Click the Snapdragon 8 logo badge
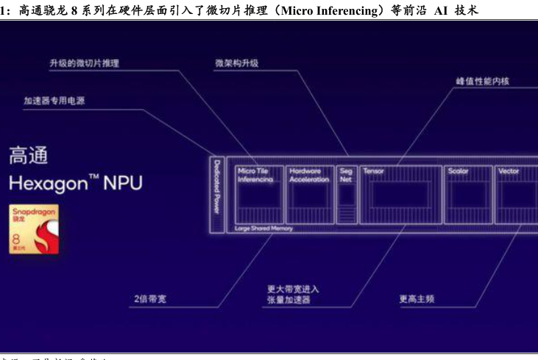pyautogui.click(x=33, y=229)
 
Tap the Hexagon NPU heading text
pyautogui.click(x=75, y=183)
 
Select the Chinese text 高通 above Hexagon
pyautogui.click(x=28, y=155)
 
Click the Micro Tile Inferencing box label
pyautogui.click(x=255, y=174)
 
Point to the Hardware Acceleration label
pyautogui.click(x=309, y=174)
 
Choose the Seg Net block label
pyautogui.click(x=346, y=174)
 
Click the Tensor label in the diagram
pyautogui.click(x=374, y=171)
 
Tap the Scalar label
pyautogui.click(x=458, y=171)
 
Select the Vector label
pyautogui.click(x=509, y=171)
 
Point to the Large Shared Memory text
pyautogui.click(x=263, y=228)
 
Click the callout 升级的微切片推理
pyautogui.click(x=84, y=63)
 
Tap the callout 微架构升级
pyautogui.click(x=236, y=63)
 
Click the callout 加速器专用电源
pyautogui.click(x=54, y=100)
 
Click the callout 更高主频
pyautogui.click(x=417, y=299)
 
